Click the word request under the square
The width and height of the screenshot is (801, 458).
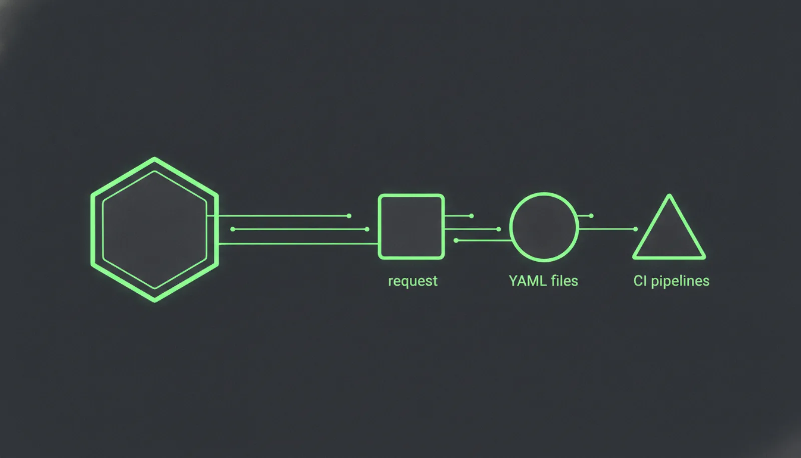(x=413, y=281)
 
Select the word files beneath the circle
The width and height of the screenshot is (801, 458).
(x=564, y=281)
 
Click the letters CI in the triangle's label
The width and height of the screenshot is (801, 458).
(x=640, y=281)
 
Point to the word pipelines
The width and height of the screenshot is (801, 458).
(x=680, y=281)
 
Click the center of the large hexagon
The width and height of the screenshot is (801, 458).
(x=155, y=230)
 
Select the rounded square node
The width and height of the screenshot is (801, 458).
(x=411, y=227)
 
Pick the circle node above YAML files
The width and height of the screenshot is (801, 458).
(x=544, y=227)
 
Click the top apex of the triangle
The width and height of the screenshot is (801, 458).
(x=669, y=195)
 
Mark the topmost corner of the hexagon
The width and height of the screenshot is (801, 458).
(x=155, y=158)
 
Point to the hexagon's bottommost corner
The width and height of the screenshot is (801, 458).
(x=155, y=301)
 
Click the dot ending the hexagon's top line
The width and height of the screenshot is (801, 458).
(x=349, y=216)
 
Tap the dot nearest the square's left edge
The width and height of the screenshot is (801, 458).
(x=367, y=229)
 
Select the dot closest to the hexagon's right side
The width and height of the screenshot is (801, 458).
(x=233, y=229)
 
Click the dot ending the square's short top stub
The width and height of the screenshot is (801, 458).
(x=471, y=216)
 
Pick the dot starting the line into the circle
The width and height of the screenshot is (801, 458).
(x=456, y=241)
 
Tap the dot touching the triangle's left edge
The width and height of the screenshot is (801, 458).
(x=635, y=229)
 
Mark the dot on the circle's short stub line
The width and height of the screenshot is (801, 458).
(x=591, y=216)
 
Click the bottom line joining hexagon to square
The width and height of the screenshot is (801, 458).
(x=298, y=244)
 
